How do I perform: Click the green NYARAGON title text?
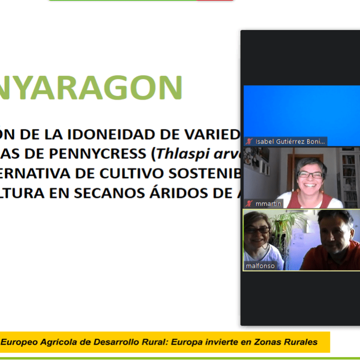(x=91, y=87)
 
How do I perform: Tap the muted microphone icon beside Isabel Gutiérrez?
(x=249, y=141)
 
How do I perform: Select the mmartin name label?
(x=268, y=204)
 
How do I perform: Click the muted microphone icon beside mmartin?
(x=249, y=204)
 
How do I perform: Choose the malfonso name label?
(x=260, y=266)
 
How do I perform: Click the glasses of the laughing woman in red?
(x=311, y=175)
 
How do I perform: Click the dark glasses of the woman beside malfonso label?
(x=258, y=230)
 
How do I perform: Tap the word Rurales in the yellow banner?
(x=300, y=342)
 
